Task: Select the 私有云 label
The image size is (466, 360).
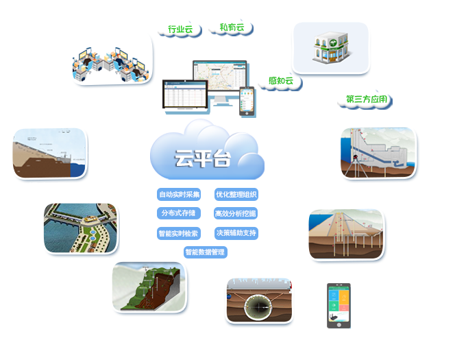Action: point(232,27)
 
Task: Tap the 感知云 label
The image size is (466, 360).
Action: point(280,81)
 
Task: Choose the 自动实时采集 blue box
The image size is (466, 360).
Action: point(179,194)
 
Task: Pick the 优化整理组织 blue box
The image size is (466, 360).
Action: point(236,194)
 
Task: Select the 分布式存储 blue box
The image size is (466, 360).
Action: point(179,213)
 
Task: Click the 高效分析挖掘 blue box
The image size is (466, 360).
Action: point(236,213)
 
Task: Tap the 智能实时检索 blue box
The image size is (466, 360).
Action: point(179,232)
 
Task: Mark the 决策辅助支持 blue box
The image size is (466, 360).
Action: point(236,232)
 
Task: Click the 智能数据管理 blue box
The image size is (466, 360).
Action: point(206,252)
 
